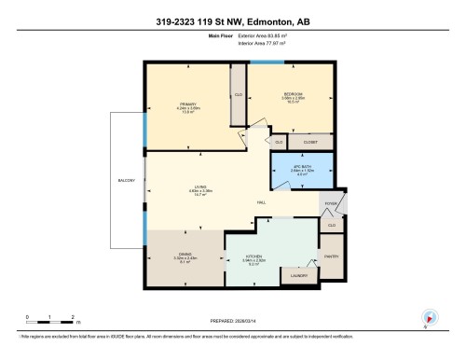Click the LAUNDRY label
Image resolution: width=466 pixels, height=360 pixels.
click(299, 276)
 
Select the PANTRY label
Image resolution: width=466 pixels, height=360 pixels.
click(331, 256)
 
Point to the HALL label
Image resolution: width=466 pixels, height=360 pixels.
click(262, 203)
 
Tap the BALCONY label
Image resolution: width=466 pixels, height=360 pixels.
click(128, 180)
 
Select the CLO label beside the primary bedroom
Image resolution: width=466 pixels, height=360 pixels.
click(239, 95)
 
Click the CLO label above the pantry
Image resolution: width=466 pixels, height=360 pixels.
click(332, 225)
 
